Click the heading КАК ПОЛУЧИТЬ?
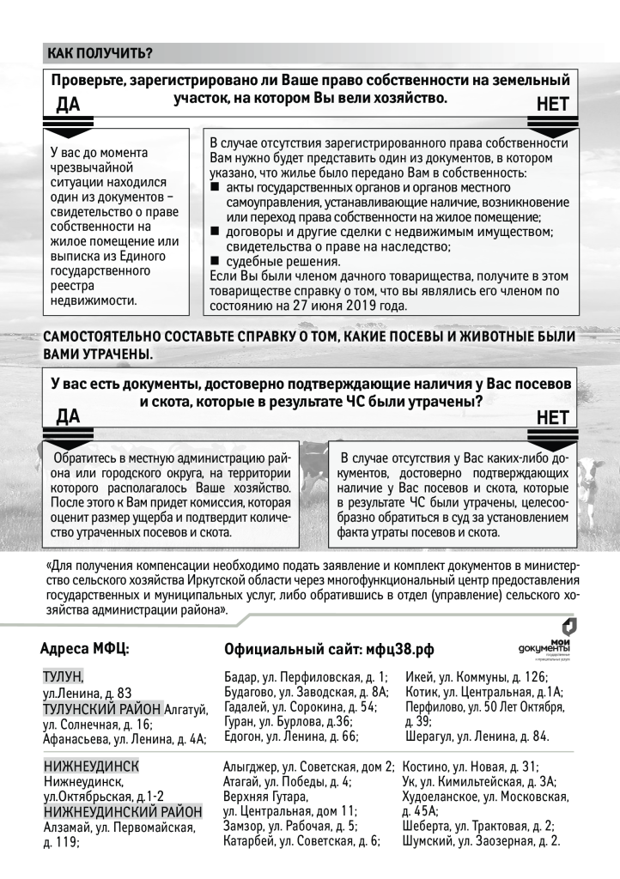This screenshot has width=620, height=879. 100,53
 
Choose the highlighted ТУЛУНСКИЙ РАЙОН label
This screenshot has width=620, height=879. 101,708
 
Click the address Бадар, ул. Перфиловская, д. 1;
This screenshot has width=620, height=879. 305,677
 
